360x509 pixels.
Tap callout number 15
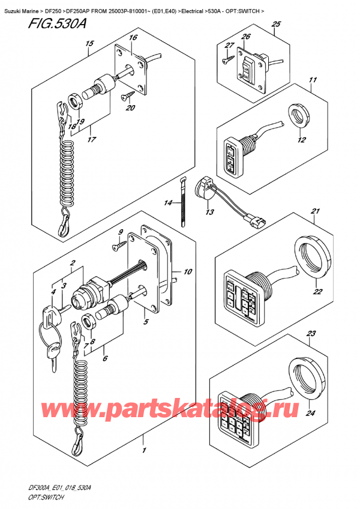click(88, 43)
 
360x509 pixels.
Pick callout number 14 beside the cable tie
click(168, 203)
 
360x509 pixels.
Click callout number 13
click(209, 211)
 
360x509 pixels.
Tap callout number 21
click(314, 211)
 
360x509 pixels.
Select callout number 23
click(311, 334)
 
